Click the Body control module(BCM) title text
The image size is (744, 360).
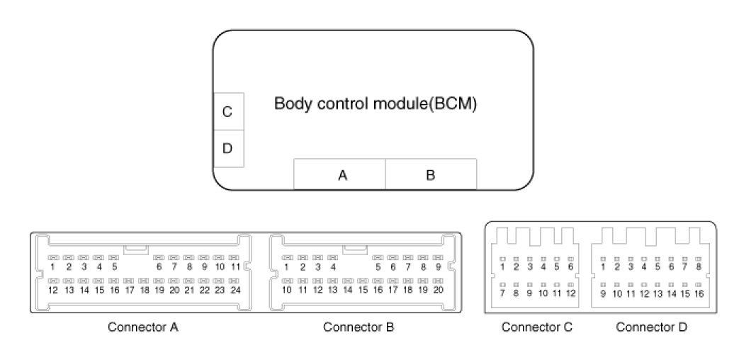click(x=376, y=104)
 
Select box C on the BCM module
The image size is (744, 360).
click(x=227, y=112)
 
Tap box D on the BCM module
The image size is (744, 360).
click(x=227, y=149)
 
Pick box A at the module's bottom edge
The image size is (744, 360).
click(x=342, y=176)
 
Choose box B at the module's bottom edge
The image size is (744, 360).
click(x=430, y=176)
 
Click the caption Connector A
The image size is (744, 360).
click(x=142, y=327)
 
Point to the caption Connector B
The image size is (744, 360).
click(x=359, y=327)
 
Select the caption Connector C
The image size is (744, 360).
click(x=536, y=327)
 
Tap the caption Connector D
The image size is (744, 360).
click(x=651, y=327)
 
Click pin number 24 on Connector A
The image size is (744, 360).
click(x=236, y=290)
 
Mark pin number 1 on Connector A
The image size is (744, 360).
click(x=52, y=267)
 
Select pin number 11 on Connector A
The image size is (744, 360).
click(x=236, y=267)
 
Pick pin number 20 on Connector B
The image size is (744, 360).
click(x=439, y=290)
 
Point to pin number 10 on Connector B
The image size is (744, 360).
click(x=287, y=290)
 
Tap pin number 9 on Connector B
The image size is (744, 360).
click(x=439, y=267)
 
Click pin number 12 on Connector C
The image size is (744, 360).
click(x=570, y=293)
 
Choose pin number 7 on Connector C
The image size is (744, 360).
click(x=502, y=293)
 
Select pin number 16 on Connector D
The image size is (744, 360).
click(x=699, y=293)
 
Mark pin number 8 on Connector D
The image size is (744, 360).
click(x=699, y=267)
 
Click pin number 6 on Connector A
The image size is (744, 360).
click(x=159, y=267)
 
